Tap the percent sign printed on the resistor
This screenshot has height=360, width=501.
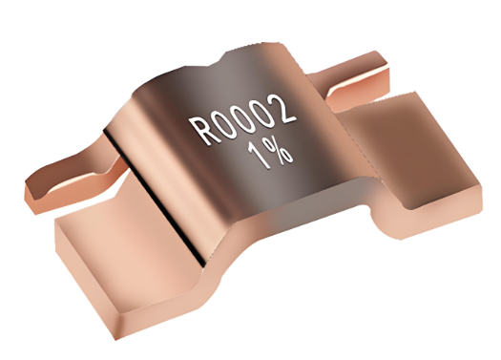tap(278, 150)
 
